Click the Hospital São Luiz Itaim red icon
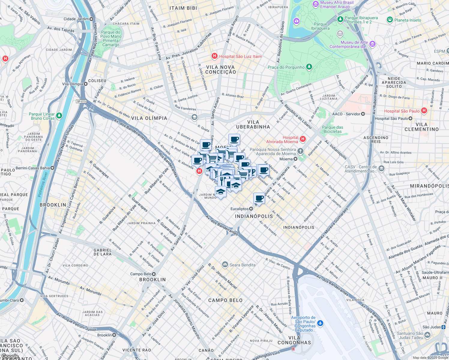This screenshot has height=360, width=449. coord(214,56)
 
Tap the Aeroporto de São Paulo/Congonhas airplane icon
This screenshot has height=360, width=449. coord(320,323)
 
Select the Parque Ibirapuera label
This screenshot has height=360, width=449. coord(320,26)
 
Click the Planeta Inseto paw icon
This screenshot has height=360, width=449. coord(390,20)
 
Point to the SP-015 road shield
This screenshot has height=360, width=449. coord(81,101)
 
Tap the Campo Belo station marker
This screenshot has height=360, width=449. coord(154,274)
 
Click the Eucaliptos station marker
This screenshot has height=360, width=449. coord(251,209)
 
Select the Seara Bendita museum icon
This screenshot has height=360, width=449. coord(225,265)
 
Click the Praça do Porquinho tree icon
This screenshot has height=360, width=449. coord(309,67)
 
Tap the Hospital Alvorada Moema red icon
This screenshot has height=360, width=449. coord(303,139)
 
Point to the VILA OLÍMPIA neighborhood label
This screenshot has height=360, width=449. coord(149,118)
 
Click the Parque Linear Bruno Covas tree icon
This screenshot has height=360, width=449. coord(59,115)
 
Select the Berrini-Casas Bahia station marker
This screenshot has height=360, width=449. coord(53,168)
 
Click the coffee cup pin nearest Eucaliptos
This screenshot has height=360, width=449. coord(259,198)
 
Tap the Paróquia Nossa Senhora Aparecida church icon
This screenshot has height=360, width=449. coord(300,151)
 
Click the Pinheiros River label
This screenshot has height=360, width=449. coord(43,184)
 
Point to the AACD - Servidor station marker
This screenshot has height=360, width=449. coord(363,114)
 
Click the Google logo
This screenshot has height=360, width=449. coord(10,356)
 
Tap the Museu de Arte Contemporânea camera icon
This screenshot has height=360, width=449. coord(372,44)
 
